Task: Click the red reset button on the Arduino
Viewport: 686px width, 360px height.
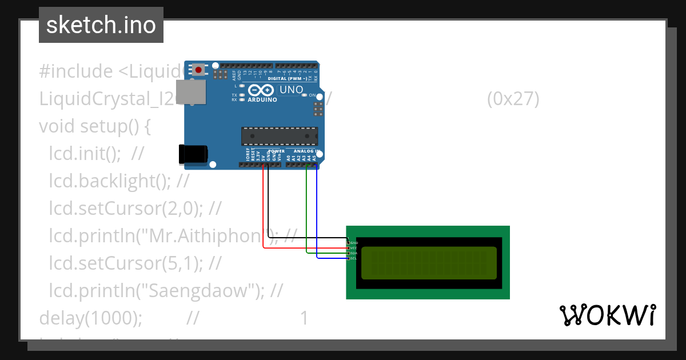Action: tap(198, 70)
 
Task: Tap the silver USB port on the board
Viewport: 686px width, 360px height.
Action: tap(192, 92)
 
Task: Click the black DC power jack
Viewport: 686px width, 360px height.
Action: tap(193, 155)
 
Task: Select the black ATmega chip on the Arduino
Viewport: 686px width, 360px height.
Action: tap(279, 136)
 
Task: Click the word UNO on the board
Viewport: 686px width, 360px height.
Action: tap(290, 90)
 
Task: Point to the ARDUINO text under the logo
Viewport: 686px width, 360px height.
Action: tap(262, 99)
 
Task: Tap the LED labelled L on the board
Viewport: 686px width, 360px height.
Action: tap(242, 86)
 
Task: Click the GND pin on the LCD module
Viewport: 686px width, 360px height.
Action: tap(348, 243)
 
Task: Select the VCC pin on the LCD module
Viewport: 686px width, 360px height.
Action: tap(348, 248)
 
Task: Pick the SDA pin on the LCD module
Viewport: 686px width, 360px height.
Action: tap(348, 253)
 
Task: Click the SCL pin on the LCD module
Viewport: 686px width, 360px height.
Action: tap(348, 258)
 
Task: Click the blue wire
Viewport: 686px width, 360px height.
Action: tap(317, 217)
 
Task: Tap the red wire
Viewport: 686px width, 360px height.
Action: tap(263, 217)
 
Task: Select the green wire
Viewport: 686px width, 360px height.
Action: tap(306, 217)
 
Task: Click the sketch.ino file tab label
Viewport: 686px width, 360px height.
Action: tap(101, 25)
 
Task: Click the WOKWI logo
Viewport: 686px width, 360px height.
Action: tap(607, 315)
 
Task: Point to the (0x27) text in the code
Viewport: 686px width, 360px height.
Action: tap(513, 99)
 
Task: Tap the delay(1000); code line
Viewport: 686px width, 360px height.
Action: tap(91, 318)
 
